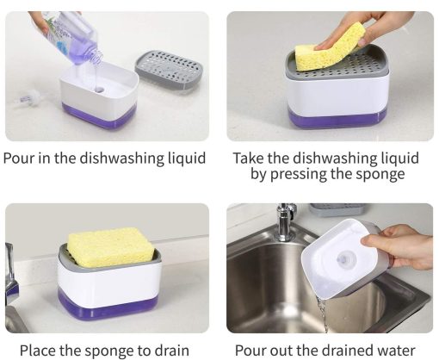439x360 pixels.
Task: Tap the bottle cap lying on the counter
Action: [28, 97]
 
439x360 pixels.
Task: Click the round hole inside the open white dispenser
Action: [100, 90]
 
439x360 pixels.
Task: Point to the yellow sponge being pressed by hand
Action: [330, 48]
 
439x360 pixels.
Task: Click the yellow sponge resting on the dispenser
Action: [110, 246]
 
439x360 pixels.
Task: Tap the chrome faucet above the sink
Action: [285, 222]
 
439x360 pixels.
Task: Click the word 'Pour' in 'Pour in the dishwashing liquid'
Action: [19, 158]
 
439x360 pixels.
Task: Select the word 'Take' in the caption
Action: [247, 158]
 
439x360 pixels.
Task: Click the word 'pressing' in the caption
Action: [299, 174]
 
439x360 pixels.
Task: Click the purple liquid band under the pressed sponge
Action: [337, 118]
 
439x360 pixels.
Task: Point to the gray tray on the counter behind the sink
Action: [338, 210]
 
